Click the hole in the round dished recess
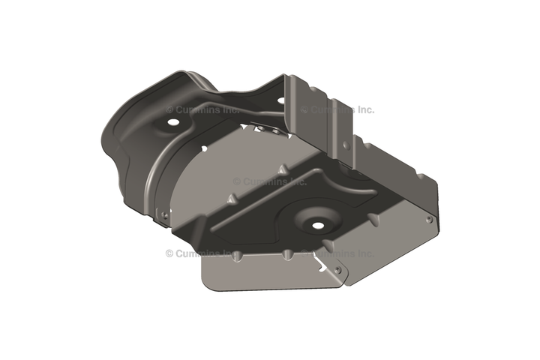point(318,225)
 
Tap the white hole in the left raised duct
point(172,122)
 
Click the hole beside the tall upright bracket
point(281,100)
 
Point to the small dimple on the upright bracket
point(346,145)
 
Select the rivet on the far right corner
point(429,220)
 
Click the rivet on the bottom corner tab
point(337,270)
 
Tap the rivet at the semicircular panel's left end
point(164,215)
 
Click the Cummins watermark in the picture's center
point(270,181)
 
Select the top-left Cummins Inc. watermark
point(202,110)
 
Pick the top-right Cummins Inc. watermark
point(337,110)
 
